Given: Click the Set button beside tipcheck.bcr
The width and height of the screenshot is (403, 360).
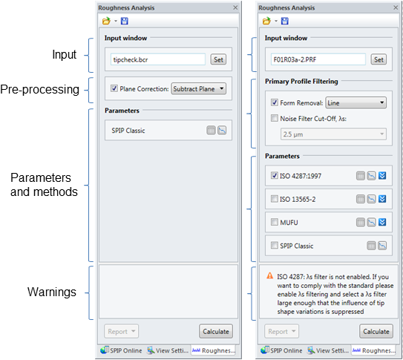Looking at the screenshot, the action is (x=218, y=59).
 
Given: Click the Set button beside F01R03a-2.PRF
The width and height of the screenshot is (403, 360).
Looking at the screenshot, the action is (x=379, y=59).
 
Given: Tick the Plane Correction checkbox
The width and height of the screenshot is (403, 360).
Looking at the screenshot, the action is (x=114, y=88).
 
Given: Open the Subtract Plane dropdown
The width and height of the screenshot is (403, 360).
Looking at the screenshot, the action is (x=199, y=88).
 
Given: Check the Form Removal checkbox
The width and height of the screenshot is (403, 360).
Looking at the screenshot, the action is (x=275, y=102).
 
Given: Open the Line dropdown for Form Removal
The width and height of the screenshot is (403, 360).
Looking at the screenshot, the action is (x=356, y=102).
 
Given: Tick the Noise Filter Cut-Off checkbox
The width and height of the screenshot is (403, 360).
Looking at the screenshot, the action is (x=275, y=118).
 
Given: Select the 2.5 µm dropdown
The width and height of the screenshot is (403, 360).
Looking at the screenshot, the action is (x=333, y=134).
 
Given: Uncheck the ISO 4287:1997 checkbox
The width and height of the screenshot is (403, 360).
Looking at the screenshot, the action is (x=275, y=175).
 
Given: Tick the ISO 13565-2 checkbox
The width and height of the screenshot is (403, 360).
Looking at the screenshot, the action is (x=275, y=199).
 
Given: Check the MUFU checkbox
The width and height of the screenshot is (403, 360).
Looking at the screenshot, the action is (x=275, y=222).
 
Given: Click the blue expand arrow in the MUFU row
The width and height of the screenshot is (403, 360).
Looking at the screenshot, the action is (x=382, y=222).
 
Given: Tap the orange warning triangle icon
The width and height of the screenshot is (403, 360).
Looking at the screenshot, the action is (x=269, y=275).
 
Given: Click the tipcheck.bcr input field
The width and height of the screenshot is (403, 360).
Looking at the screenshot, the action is (x=158, y=59).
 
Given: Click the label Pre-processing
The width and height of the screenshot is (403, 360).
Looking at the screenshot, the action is (x=39, y=89).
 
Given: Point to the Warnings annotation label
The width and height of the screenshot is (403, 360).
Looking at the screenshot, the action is (x=52, y=292).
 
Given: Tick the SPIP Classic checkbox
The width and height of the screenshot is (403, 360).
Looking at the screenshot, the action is (x=275, y=246).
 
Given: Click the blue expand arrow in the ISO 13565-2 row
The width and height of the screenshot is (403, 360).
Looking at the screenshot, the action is (x=382, y=199).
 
